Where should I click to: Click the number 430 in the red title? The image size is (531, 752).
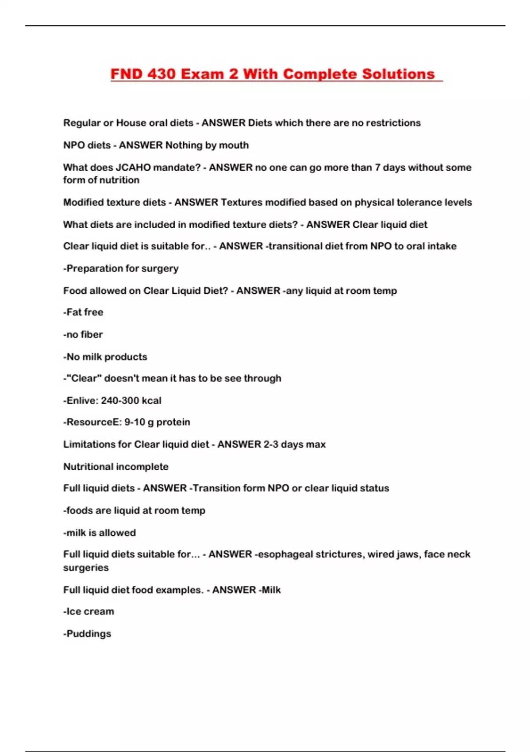click(x=161, y=74)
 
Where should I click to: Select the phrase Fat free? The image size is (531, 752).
click(x=84, y=312)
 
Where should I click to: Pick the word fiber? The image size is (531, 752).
click(x=92, y=334)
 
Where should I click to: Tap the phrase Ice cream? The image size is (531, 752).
click(x=90, y=611)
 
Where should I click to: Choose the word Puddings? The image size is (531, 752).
click(x=88, y=634)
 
